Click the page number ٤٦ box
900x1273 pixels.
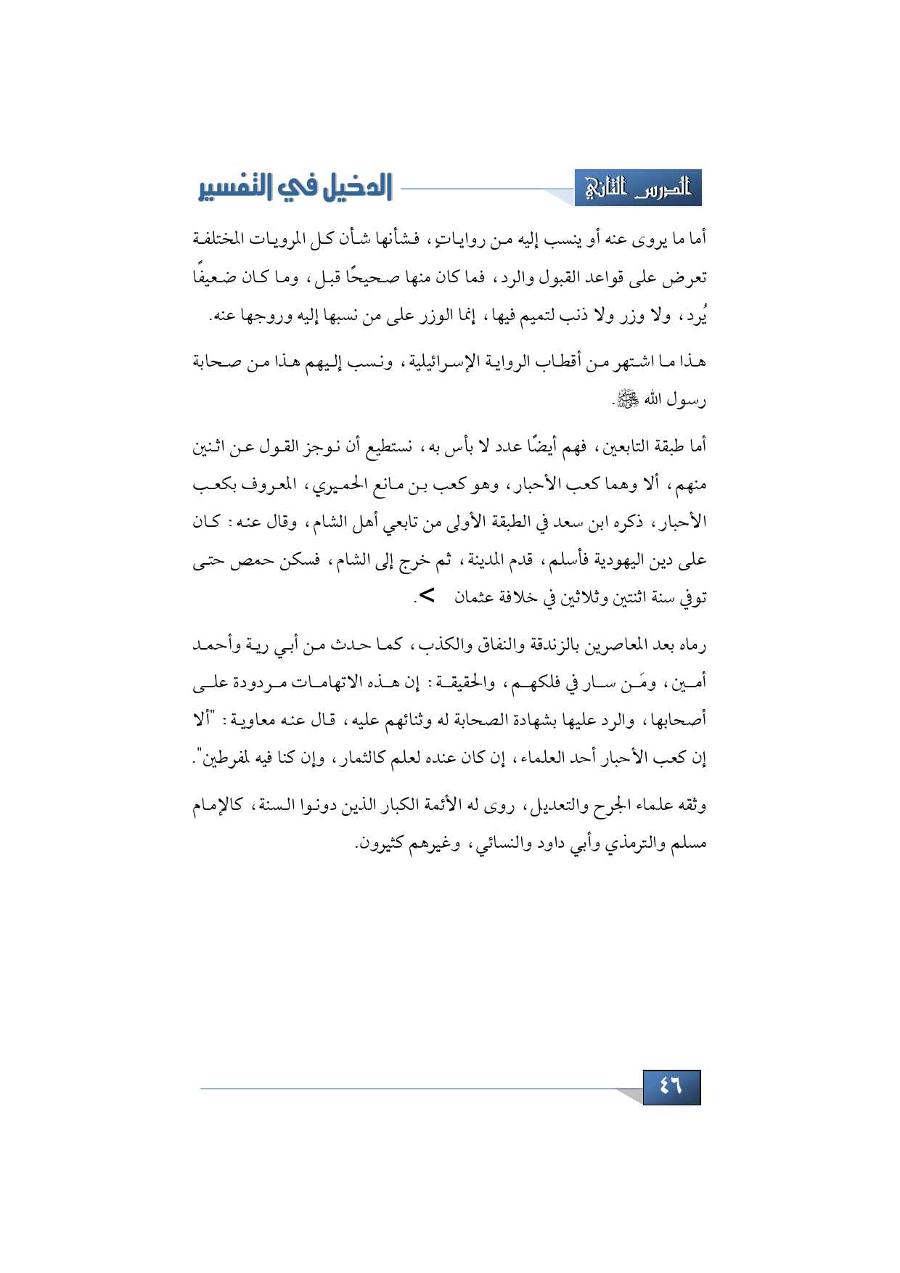(x=671, y=1086)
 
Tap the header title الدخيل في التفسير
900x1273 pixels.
(x=295, y=188)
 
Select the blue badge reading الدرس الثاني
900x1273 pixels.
(x=638, y=188)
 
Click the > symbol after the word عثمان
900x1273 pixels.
(x=427, y=596)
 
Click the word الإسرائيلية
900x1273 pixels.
(x=442, y=361)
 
